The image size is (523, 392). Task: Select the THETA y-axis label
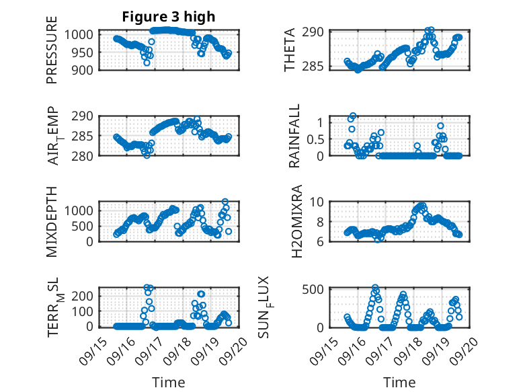click(x=290, y=50)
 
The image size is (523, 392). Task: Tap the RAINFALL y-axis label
click(x=294, y=136)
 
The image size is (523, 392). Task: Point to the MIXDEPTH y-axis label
click(x=52, y=221)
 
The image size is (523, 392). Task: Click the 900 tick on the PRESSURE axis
click(x=88, y=69)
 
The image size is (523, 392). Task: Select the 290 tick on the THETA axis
click(x=317, y=32)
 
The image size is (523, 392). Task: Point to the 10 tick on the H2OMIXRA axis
click(x=319, y=201)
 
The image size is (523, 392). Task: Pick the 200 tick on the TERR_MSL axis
click(x=88, y=296)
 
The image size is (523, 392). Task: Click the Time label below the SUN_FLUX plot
click(x=399, y=383)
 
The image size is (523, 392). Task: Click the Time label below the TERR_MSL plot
click(x=169, y=383)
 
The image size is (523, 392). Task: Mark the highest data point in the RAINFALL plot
click(x=353, y=116)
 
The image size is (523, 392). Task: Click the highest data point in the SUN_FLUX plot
click(x=375, y=288)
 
